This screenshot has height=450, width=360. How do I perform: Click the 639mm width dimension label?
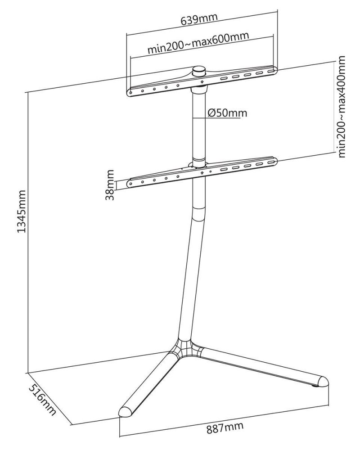coord(199,19)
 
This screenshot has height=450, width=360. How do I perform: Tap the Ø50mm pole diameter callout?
coord(227,113)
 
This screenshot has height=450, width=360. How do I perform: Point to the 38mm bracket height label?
coord(110,185)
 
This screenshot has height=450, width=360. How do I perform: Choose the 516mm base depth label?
coord(42,399)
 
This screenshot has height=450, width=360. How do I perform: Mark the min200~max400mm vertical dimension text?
coord(342,107)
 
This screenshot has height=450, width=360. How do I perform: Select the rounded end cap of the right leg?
coord(323,382)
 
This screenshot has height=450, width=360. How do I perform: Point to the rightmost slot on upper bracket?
coord(271,70)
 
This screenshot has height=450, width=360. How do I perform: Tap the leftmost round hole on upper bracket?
coord(130,93)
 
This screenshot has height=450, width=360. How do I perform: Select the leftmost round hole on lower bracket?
coord(130,184)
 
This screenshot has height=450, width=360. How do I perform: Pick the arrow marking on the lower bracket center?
coord(202,173)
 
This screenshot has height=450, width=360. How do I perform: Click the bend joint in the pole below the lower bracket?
coord(199,214)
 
